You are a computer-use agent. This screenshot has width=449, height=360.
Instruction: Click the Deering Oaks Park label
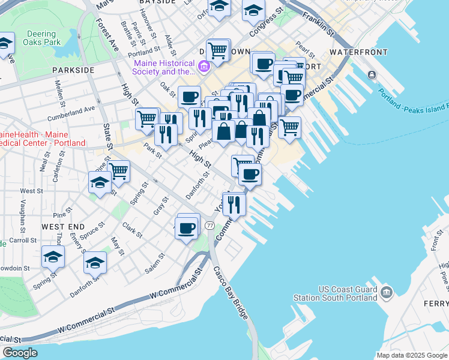tap(41, 38)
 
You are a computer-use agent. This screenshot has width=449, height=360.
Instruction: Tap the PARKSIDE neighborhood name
tap(73, 70)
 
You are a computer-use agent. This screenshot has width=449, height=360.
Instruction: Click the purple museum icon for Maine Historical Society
tap(204, 65)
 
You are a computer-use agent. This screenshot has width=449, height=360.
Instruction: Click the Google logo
tap(19, 353)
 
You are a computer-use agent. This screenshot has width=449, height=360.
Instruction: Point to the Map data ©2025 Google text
tap(411, 355)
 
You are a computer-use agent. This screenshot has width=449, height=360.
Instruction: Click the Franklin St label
tap(318, 23)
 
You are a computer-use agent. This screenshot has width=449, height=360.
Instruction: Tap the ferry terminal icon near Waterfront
tap(372, 74)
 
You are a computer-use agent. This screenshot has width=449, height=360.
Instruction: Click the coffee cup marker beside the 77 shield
tap(187, 228)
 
